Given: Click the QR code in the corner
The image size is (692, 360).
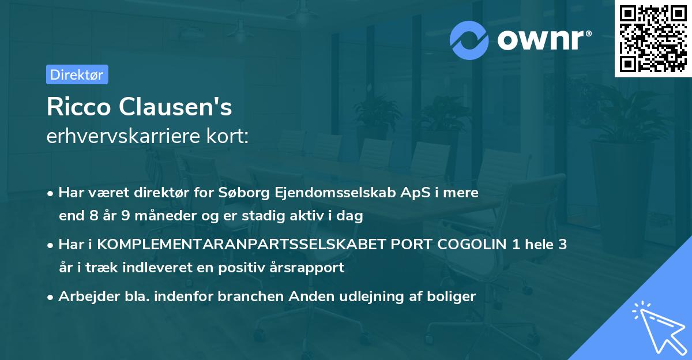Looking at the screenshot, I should click(653, 38).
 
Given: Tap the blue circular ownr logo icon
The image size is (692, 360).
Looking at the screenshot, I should click(470, 40).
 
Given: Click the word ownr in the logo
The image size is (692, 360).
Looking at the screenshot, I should click(543, 40).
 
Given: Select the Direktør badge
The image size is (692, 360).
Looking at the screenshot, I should click(77, 74).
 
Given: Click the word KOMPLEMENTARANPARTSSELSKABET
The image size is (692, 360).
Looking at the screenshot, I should click(242, 245).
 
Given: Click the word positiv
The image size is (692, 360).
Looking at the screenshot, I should click(249, 268).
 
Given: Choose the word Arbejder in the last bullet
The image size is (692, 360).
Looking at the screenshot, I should click(84, 297).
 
